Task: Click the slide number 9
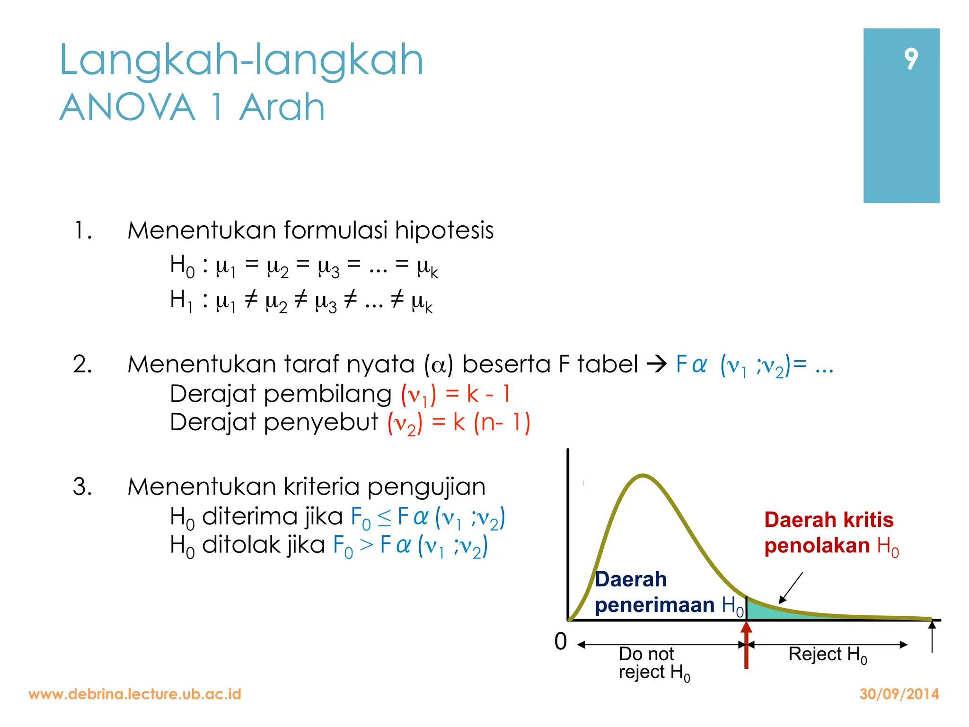(x=911, y=59)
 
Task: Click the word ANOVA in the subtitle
(x=127, y=107)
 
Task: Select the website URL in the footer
(x=135, y=694)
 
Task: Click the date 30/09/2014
(x=899, y=694)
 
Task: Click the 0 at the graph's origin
(x=561, y=642)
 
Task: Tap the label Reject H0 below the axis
(x=827, y=655)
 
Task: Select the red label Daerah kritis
(x=829, y=520)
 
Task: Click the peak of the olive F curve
(x=643, y=475)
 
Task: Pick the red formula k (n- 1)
(x=492, y=422)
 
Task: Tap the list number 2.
(x=82, y=365)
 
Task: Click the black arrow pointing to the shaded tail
(x=791, y=587)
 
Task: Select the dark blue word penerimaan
(x=654, y=605)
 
